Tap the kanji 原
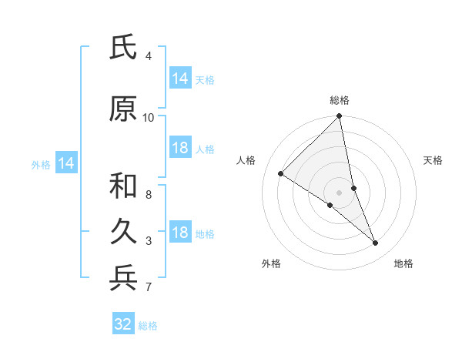(123, 109)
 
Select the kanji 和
(123, 186)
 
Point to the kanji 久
(123, 232)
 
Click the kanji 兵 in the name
(123, 278)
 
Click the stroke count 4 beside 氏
(149, 56)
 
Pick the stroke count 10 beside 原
(149, 118)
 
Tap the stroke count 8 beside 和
(149, 195)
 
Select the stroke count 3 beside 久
(149, 241)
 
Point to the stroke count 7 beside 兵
(149, 287)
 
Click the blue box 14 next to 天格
(180, 79)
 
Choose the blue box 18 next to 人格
(180, 148)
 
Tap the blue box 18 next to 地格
(180, 233)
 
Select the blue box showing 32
(123, 324)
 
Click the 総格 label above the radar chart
(340, 101)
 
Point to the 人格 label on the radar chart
(246, 160)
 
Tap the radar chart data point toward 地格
(376, 243)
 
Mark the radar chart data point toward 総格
(340, 116)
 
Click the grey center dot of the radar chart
(340, 192)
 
